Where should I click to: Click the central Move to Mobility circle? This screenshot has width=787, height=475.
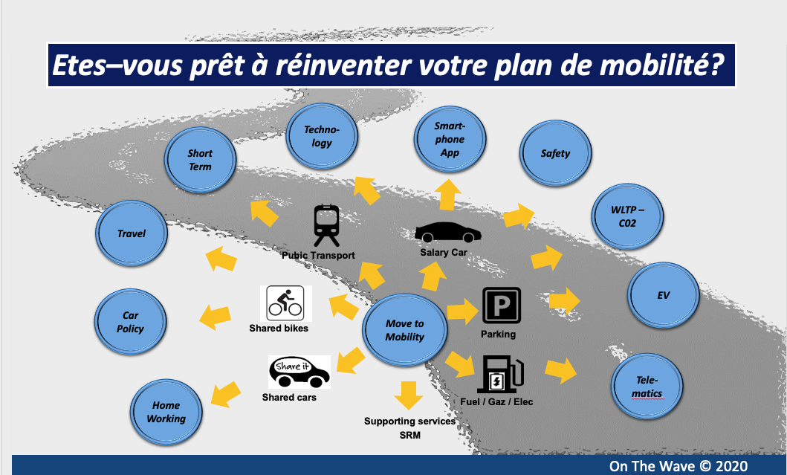click(x=404, y=330)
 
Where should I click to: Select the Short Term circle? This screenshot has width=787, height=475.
click(x=200, y=160)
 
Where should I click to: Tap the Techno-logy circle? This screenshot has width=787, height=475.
click(x=322, y=136)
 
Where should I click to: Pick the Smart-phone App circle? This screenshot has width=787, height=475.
click(x=450, y=139)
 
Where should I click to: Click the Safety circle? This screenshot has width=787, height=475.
click(x=555, y=153)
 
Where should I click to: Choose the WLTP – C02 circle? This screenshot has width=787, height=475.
click(x=627, y=216)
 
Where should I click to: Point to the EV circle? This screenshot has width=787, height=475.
click(x=664, y=295)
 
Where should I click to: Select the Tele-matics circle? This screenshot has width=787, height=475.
click(x=647, y=387)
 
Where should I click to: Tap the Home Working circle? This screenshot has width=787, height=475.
click(x=166, y=412)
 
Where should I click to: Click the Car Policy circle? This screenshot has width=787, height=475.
click(x=131, y=322)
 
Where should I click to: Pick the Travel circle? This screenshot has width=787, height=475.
click(x=132, y=233)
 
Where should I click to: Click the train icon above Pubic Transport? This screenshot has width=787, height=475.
click(x=327, y=225)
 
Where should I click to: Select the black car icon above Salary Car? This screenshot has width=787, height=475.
click(x=447, y=233)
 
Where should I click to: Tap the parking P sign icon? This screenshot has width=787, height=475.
click(x=502, y=306)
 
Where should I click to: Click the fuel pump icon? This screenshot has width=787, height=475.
click(x=500, y=374)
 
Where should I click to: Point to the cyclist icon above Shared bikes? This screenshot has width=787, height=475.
click(x=285, y=303)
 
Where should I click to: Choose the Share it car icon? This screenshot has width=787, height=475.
click(x=299, y=372)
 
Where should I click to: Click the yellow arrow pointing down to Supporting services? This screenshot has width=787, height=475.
click(x=409, y=395)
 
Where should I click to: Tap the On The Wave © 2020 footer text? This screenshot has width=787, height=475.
click(x=678, y=467)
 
